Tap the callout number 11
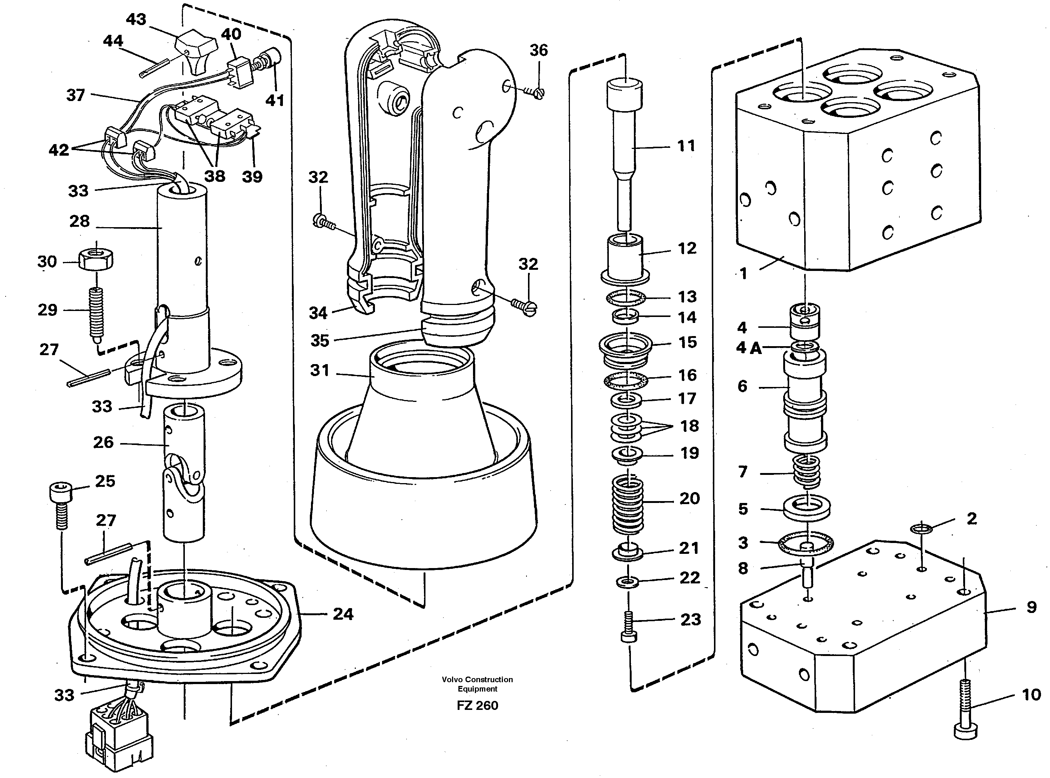[686, 146]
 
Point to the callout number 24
[343, 614]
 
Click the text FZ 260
[477, 705]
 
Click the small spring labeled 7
[807, 472]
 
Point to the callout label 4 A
[749, 348]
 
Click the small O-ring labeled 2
[921, 529]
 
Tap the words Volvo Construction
[477, 680]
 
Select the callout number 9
[1032, 607]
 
